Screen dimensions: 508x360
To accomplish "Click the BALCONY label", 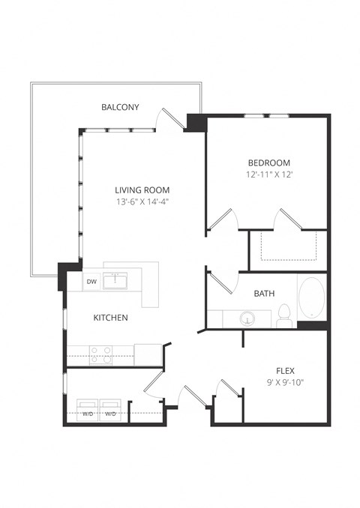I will click(x=120, y=107).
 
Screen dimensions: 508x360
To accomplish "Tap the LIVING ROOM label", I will click(x=142, y=190).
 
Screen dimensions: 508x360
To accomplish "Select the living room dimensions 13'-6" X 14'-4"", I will click(x=142, y=202).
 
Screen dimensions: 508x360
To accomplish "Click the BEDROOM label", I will click(x=268, y=163).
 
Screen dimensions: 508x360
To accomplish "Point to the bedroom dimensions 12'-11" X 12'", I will click(x=268, y=175).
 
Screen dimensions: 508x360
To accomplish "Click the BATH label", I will click(x=264, y=294).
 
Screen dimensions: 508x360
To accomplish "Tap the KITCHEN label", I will click(x=110, y=318).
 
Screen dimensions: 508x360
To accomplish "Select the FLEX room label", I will click(x=285, y=369).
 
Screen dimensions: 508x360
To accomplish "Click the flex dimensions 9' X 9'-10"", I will click(x=285, y=382).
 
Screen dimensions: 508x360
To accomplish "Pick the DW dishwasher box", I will click(x=91, y=282).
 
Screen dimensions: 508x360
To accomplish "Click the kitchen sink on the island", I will click(x=116, y=281).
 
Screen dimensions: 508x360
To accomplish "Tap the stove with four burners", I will click(x=101, y=354).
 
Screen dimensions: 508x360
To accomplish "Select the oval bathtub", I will click(x=311, y=298).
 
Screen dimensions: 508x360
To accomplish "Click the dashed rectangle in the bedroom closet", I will click(x=288, y=245).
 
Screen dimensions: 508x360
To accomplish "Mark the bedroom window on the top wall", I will click(x=267, y=115).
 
